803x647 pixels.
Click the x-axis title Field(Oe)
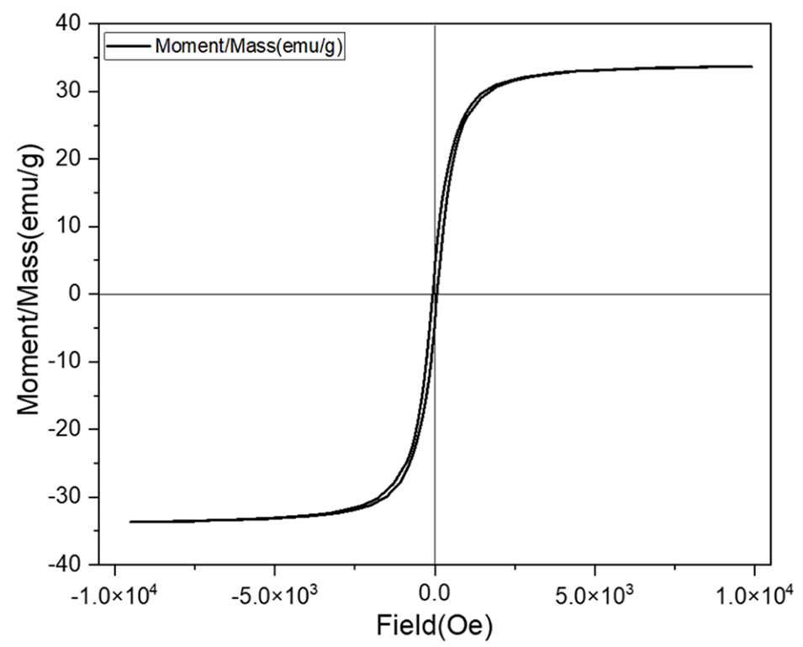(435, 625)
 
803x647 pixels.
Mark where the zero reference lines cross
(435, 294)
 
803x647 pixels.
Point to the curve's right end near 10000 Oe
(751, 66)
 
